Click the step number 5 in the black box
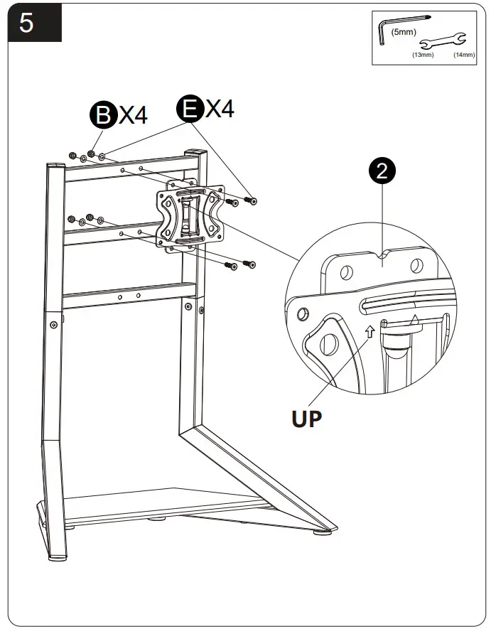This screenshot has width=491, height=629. [26, 23]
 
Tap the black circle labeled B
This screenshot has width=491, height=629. [103, 116]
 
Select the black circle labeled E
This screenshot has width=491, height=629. [190, 110]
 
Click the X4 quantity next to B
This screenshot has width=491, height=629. [133, 114]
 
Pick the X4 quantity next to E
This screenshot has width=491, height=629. [219, 109]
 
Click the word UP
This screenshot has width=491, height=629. [306, 417]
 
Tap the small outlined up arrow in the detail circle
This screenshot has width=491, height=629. [369, 330]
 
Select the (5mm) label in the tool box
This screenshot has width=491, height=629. [403, 32]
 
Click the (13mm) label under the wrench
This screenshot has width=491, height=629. [423, 54]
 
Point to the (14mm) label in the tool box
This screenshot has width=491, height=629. [463, 54]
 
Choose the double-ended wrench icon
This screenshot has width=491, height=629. [443, 42]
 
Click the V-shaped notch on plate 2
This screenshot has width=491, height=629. [384, 253]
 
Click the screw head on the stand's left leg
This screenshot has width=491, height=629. [54, 324]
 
